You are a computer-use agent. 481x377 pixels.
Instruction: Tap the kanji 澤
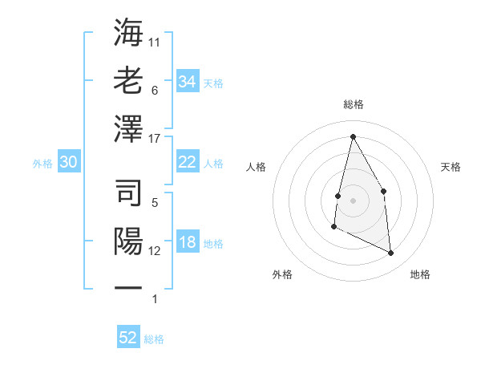point(129,129)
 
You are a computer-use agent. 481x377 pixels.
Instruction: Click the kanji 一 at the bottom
point(129,287)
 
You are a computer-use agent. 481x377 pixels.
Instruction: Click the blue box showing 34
point(187,82)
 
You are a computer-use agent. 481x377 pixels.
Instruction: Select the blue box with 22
point(187,162)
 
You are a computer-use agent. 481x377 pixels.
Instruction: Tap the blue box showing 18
point(187,243)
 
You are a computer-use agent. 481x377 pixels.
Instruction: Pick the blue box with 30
point(68,163)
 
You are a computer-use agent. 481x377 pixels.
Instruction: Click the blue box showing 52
point(128,338)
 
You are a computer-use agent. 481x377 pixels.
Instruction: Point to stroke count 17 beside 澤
point(155,138)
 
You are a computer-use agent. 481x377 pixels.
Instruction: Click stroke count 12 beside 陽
point(155,251)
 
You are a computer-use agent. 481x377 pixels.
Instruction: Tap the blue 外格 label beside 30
point(42,164)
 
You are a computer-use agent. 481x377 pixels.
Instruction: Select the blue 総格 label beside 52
point(154,339)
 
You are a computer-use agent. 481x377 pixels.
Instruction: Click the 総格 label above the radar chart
point(353,104)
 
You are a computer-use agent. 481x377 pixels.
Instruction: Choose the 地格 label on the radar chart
point(420,274)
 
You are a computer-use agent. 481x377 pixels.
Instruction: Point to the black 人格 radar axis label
point(257,167)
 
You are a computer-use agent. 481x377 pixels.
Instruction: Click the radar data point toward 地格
point(391,253)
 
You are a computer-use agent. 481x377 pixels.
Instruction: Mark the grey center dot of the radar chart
point(353,200)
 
